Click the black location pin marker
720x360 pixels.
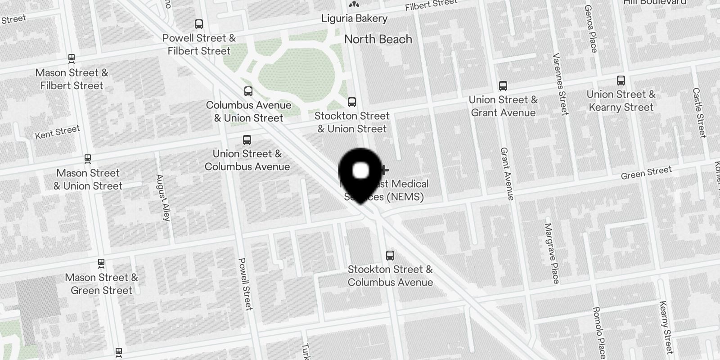pyautogui.click(x=360, y=173)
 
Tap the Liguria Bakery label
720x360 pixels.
pyautogui.click(x=354, y=18)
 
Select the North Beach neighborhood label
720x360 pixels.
pyautogui.click(x=378, y=39)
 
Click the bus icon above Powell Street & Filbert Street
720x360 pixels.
pyautogui.click(x=199, y=24)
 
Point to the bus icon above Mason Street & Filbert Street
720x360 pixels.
pyautogui.click(x=71, y=58)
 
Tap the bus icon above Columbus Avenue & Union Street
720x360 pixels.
pyautogui.click(x=248, y=91)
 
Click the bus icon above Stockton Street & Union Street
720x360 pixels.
pyautogui.click(x=352, y=102)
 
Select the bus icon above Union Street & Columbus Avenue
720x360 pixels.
pyautogui.click(x=247, y=140)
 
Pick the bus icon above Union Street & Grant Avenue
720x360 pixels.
pyautogui.click(x=503, y=86)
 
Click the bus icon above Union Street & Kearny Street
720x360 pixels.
pyautogui.click(x=621, y=81)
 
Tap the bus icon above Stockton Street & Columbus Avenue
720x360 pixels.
pyautogui.click(x=390, y=256)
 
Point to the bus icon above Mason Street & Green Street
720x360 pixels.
pyautogui.click(x=101, y=263)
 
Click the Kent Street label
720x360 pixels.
pyautogui.click(x=58, y=132)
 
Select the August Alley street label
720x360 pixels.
pyautogui.click(x=163, y=198)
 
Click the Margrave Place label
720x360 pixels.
pyautogui.click(x=552, y=253)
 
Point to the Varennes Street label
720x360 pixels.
pyautogui.click(x=561, y=84)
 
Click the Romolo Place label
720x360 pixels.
pyautogui.click(x=599, y=332)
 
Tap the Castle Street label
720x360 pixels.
pyautogui.click(x=699, y=112)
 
